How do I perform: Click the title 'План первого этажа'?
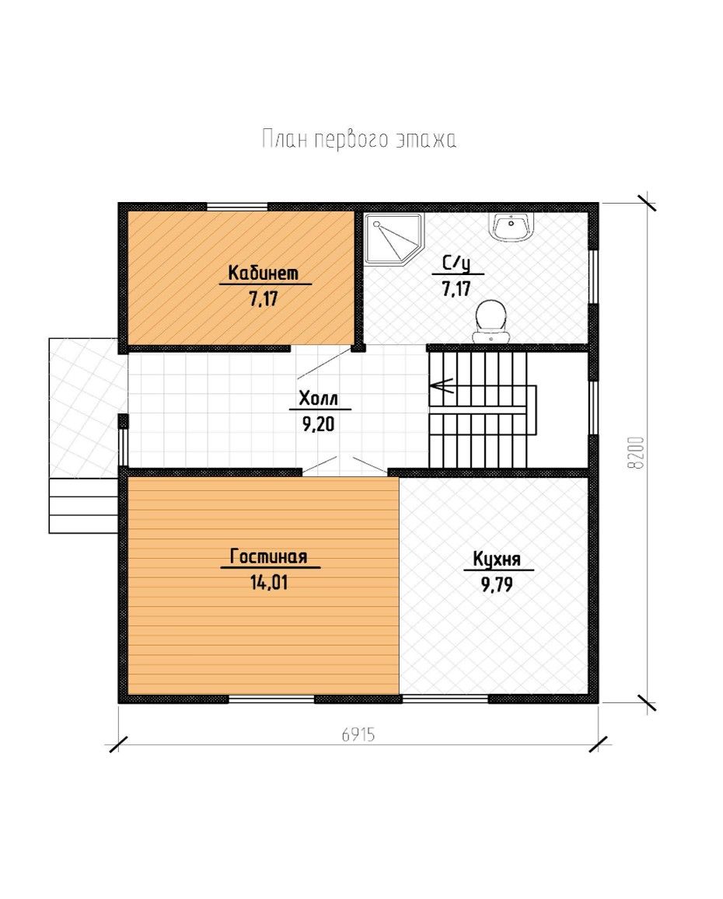[x=359, y=139]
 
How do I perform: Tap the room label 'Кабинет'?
[x=264, y=273]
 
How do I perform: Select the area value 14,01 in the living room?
[x=268, y=583]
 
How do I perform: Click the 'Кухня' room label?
[x=497, y=559]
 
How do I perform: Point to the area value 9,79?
[x=497, y=585]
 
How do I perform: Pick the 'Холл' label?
[x=319, y=398]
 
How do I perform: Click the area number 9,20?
[x=318, y=424]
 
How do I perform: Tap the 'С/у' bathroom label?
[x=457, y=263]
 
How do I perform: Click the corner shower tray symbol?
[x=393, y=239]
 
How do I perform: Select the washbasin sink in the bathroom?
[x=512, y=227]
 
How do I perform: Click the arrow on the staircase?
[x=442, y=386]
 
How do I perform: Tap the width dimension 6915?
[x=358, y=734]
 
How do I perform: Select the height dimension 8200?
[x=637, y=453]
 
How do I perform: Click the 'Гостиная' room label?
[x=268, y=556]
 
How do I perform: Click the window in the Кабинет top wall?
[x=237, y=207]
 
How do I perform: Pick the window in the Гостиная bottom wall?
[x=272, y=699]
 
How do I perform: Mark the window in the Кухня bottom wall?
[x=445, y=699]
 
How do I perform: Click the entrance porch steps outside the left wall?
[x=84, y=506]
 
